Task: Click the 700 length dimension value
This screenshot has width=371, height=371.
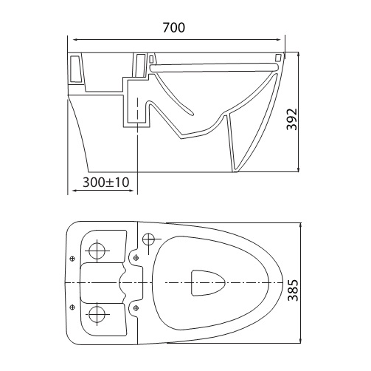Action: (174, 27)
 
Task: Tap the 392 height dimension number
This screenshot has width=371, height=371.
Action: (292, 119)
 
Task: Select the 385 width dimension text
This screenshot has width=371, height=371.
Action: (293, 290)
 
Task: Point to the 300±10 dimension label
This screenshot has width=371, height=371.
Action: (106, 183)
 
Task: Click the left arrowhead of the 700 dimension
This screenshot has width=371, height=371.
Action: (72, 39)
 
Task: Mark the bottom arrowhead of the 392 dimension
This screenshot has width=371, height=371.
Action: (299, 169)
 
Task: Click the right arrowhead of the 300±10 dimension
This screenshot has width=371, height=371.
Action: (134, 190)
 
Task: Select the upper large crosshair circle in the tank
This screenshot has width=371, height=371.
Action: (97, 251)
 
